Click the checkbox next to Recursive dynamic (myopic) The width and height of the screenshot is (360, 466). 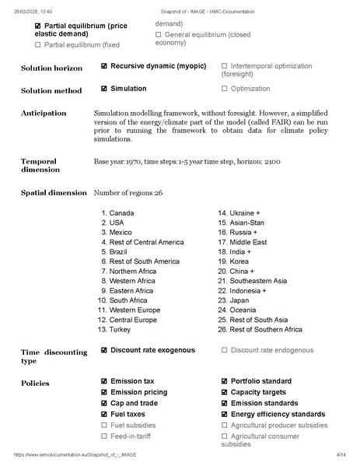click(x=104, y=67)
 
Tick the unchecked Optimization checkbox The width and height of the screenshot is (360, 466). click(x=225, y=89)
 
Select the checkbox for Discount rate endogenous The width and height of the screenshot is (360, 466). click(x=225, y=350)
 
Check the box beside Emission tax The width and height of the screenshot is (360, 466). click(x=104, y=381)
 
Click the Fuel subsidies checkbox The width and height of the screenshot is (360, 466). click(x=104, y=426)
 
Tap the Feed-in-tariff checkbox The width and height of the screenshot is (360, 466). click(x=104, y=436)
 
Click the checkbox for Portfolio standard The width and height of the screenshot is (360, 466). click(x=225, y=381)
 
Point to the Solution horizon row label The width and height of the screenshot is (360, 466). click(x=51, y=69)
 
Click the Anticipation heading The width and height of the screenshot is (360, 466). click(x=44, y=113)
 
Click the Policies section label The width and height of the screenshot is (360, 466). click(x=35, y=384)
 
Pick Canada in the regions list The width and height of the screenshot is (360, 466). click(x=121, y=212)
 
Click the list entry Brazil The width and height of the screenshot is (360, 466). click(x=118, y=252)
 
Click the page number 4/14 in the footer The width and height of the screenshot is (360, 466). click(x=341, y=454)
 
